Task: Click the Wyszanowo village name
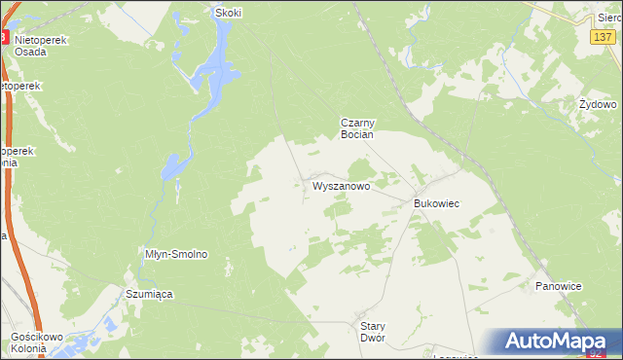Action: click(x=340, y=184)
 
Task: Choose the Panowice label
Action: click(x=559, y=286)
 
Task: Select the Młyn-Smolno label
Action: click(x=176, y=254)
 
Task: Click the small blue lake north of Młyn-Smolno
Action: click(x=173, y=167)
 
